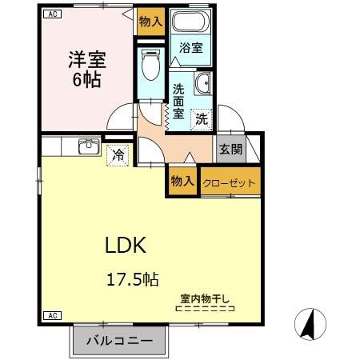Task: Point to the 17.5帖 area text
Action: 134,279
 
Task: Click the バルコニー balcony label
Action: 119,340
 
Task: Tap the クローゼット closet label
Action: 230,183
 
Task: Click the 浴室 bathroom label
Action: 191,48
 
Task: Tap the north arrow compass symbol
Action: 311,325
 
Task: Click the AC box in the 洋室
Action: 51,14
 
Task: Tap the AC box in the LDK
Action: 51,315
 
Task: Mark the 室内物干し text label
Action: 205,299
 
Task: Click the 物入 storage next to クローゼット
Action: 182,182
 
